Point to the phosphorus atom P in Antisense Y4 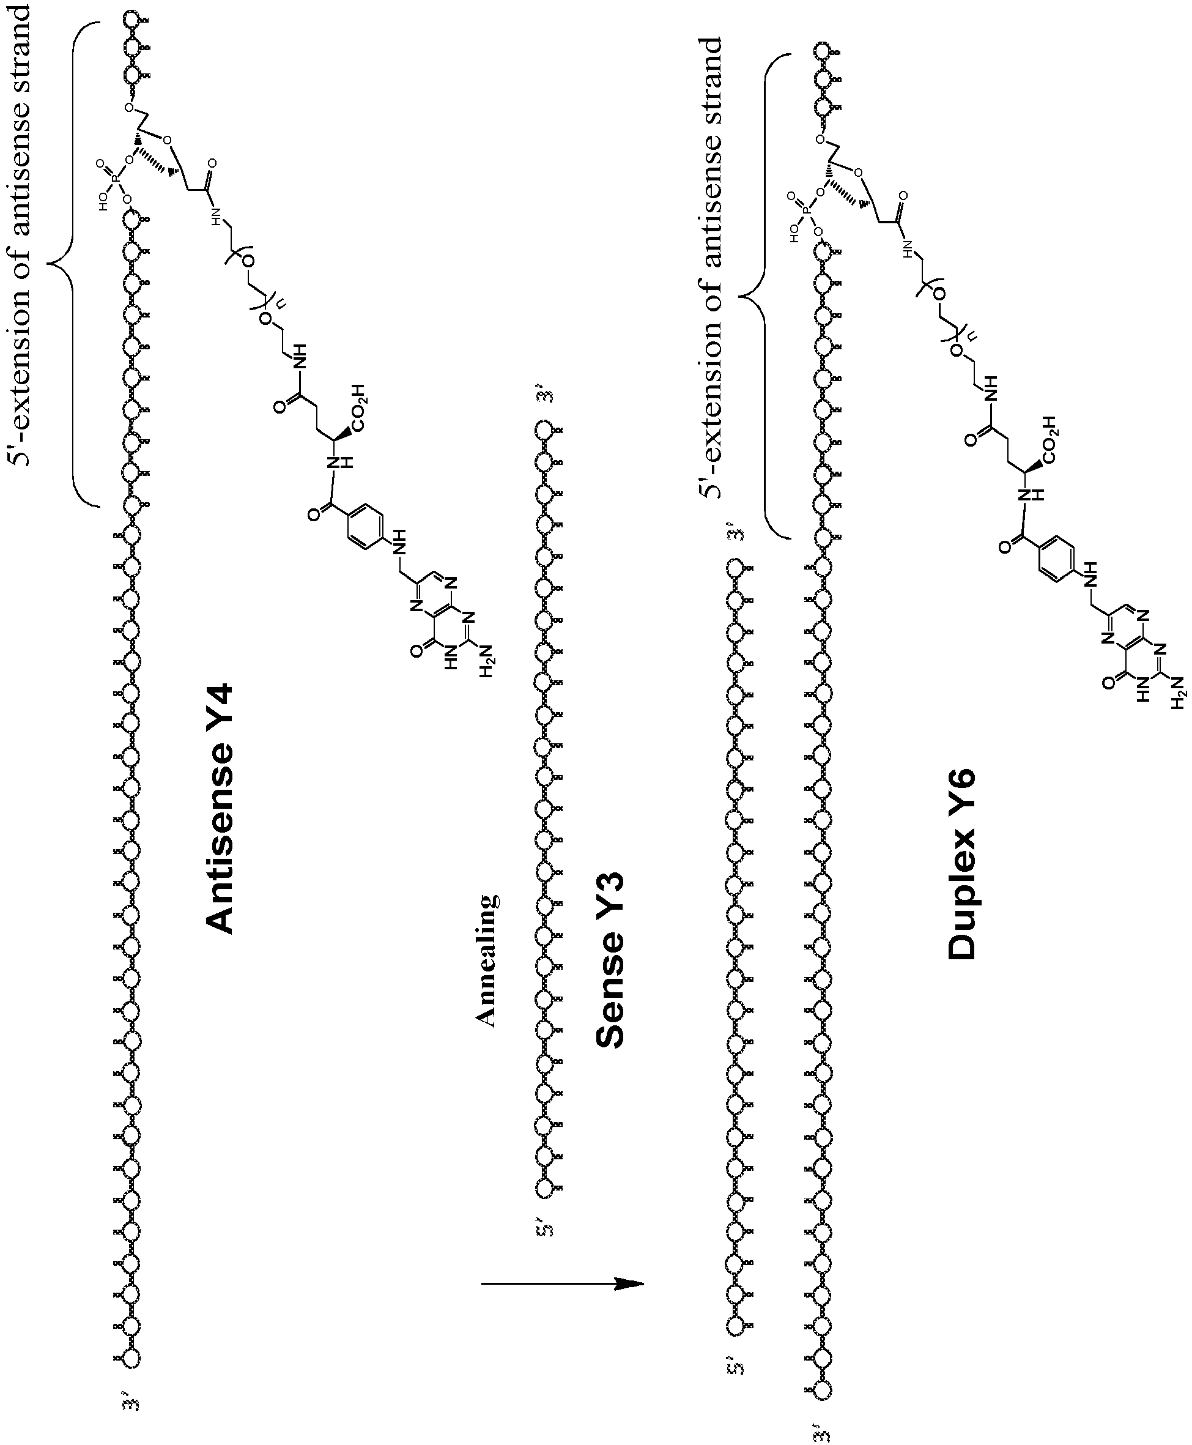click(x=114, y=180)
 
